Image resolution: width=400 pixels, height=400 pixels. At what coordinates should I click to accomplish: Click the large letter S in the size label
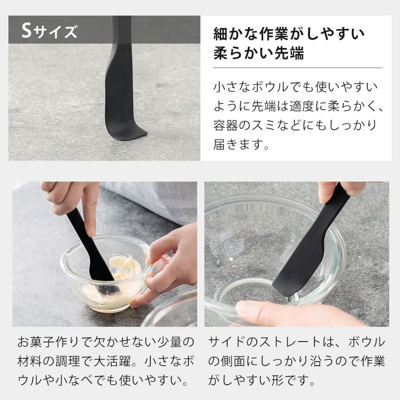(x=26, y=30)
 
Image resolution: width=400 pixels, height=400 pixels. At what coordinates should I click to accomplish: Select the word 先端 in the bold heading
(x=289, y=53)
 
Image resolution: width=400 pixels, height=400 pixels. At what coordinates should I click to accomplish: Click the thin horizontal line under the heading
(x=298, y=68)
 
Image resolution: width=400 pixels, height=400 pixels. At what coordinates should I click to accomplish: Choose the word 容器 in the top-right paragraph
(x=226, y=125)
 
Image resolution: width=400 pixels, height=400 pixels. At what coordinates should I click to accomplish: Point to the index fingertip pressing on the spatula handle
(x=91, y=232)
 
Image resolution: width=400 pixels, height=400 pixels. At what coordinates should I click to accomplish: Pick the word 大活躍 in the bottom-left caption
(x=113, y=361)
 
